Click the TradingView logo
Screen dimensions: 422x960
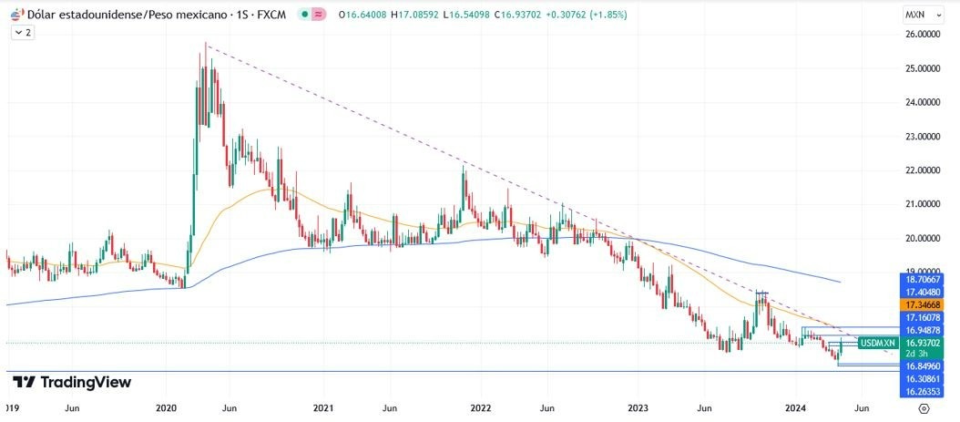point(72,383)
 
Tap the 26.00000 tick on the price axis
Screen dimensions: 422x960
point(923,35)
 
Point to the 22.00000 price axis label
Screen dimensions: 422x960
point(923,170)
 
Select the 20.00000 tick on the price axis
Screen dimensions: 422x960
point(923,239)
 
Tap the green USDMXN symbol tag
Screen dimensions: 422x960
point(877,343)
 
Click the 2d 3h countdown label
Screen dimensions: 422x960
point(915,353)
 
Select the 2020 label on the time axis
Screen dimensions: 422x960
point(167,409)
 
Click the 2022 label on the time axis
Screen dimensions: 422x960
point(482,409)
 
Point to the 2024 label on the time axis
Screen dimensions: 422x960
point(796,409)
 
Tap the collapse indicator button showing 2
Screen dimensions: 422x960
point(23,32)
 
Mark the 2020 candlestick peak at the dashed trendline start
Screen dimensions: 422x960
point(207,44)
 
